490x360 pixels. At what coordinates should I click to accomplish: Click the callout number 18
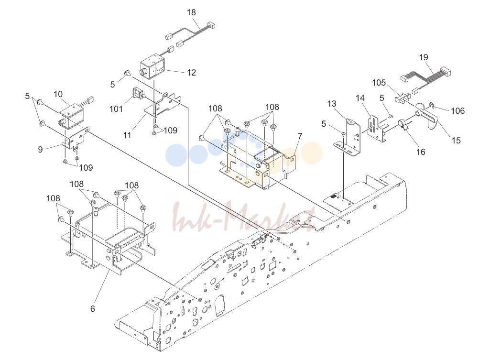[x=191, y=12]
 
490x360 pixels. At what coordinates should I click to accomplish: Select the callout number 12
[x=191, y=73]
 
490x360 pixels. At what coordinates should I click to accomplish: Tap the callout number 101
[x=116, y=109]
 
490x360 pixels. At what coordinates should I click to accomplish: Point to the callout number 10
[x=58, y=94]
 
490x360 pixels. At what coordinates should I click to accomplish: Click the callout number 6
[x=92, y=309]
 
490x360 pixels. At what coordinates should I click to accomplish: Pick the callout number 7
[x=300, y=136]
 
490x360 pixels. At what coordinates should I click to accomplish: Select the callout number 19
[x=424, y=57]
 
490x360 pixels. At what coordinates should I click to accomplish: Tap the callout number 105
[x=379, y=83]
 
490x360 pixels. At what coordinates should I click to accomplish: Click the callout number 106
[x=457, y=111]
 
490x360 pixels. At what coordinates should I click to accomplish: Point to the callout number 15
[x=456, y=141]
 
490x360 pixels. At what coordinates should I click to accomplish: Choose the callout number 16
[x=421, y=152]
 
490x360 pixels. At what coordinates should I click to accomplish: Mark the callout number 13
[x=332, y=104]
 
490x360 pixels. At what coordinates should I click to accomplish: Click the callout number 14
[x=360, y=98]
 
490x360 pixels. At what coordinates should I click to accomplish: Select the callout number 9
[x=40, y=150]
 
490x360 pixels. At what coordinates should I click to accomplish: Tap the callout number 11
[x=127, y=135]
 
